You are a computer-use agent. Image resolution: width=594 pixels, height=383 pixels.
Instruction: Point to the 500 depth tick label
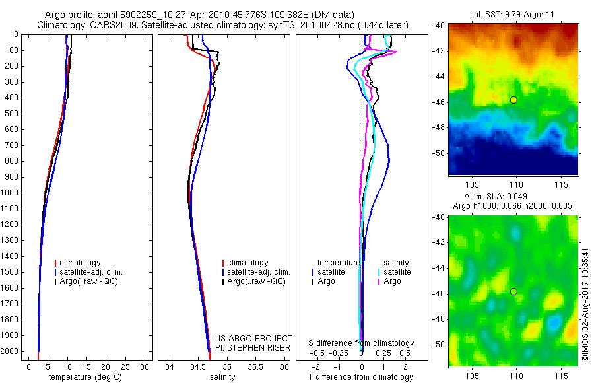click(x=11, y=114)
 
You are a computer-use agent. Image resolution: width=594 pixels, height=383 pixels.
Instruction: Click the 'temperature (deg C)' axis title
click(x=82, y=377)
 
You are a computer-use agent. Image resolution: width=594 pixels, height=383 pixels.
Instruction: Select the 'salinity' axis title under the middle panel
click(x=222, y=377)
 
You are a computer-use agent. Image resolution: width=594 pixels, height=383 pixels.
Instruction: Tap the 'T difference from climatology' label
click(x=360, y=377)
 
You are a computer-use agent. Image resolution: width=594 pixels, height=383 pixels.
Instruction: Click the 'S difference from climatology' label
click(x=361, y=344)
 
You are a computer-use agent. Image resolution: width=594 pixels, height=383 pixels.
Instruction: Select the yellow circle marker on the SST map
click(x=513, y=100)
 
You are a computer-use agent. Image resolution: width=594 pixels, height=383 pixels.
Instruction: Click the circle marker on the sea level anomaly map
click(x=513, y=291)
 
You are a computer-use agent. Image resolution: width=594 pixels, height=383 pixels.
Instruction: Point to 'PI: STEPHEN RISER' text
click(x=253, y=348)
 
